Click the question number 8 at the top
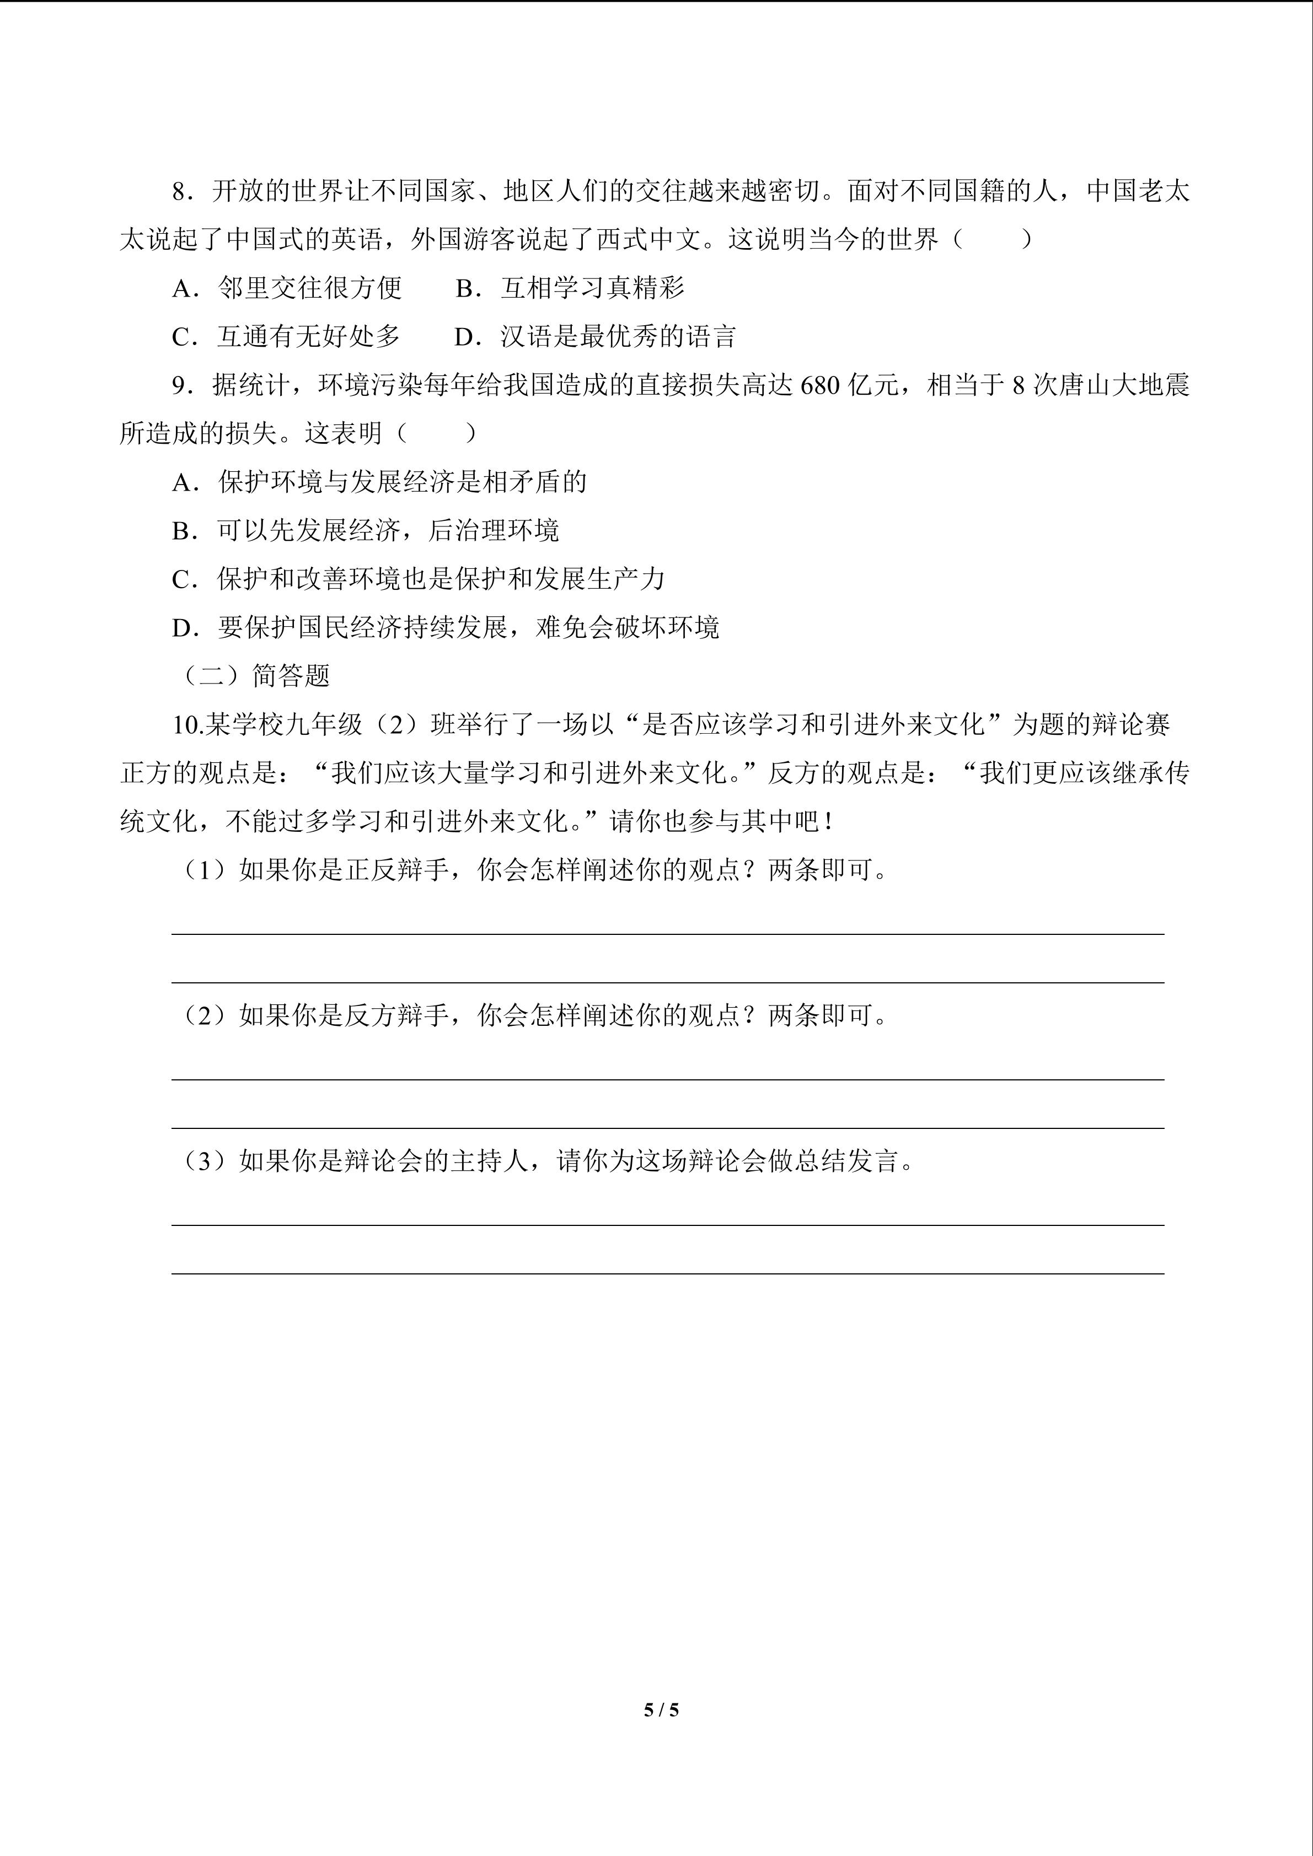[179, 192]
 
